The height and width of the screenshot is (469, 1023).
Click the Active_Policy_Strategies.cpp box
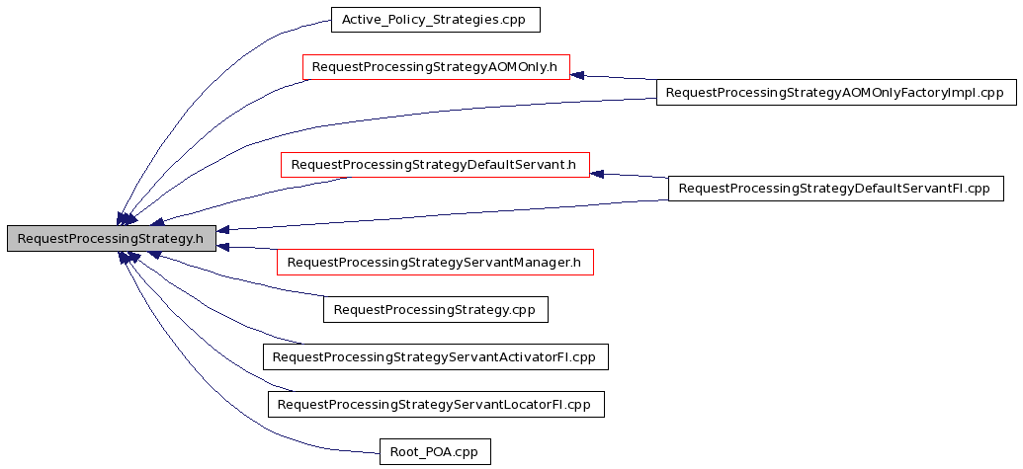[436, 20]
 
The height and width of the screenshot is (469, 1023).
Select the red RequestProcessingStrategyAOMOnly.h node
[436, 67]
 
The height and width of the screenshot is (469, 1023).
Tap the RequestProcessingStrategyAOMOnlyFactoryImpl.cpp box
[836, 93]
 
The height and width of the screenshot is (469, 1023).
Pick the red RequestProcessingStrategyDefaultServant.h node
[435, 165]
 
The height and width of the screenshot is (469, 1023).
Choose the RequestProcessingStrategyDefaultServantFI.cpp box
[836, 189]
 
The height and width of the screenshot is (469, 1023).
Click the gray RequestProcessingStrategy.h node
[111, 238]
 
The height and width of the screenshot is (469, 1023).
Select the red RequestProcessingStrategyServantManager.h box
[435, 262]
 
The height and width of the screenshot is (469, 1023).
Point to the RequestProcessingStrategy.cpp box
[435, 309]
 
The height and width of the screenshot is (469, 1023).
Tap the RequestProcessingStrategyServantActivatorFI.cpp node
[435, 357]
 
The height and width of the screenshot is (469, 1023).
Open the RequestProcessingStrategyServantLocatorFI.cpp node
[436, 405]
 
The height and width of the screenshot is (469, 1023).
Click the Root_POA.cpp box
[435, 451]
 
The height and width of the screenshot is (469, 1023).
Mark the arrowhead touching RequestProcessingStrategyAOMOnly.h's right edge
[577, 75]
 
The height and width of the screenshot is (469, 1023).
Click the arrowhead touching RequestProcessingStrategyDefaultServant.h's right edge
[597, 174]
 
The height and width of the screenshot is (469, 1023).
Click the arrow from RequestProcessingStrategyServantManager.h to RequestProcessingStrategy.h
[247, 248]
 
